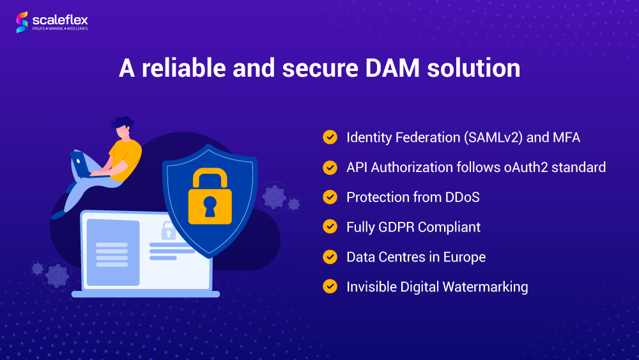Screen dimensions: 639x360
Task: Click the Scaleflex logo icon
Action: pos(22,22)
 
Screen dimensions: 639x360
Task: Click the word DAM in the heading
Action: pos(392,68)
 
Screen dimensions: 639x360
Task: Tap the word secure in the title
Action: pos(320,68)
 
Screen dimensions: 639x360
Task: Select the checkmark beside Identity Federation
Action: pos(330,137)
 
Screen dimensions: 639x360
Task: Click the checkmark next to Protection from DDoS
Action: pos(330,197)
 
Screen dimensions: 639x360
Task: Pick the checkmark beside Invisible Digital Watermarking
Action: pos(330,286)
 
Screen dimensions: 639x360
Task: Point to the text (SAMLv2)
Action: pos(493,138)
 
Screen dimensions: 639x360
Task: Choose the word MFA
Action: pos(566,137)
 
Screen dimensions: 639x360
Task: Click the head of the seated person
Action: pos(123,128)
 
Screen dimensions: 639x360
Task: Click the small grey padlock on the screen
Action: pos(168,231)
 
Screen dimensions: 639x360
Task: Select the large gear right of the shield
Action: pos(274,198)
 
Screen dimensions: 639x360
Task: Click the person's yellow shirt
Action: pos(125,159)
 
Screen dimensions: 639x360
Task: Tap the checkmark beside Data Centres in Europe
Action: pos(330,257)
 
